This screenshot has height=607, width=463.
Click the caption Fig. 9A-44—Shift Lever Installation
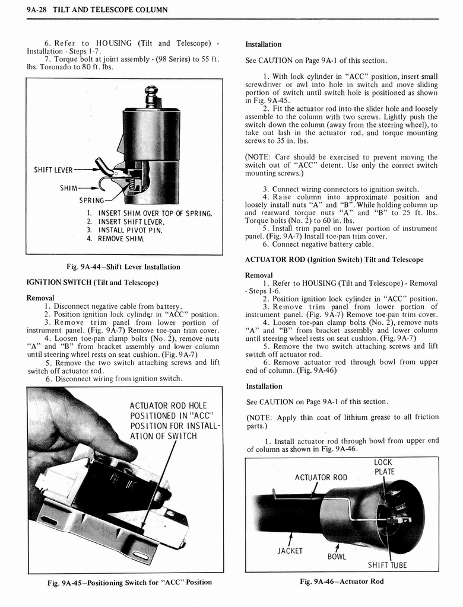point(124,267)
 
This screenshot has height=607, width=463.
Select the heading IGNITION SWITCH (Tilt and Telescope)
point(92,283)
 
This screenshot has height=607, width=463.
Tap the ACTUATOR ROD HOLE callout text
point(168,405)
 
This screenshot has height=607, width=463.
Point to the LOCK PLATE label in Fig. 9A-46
point(384,467)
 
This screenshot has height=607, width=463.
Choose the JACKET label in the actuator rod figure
point(290,551)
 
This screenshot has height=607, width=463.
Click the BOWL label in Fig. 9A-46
point(337,557)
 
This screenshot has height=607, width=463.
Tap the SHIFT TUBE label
point(387,565)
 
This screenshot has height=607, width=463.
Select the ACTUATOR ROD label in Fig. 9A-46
point(321,477)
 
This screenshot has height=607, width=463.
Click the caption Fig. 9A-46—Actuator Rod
point(342,582)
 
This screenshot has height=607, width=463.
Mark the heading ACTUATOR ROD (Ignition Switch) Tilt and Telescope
point(334,260)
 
